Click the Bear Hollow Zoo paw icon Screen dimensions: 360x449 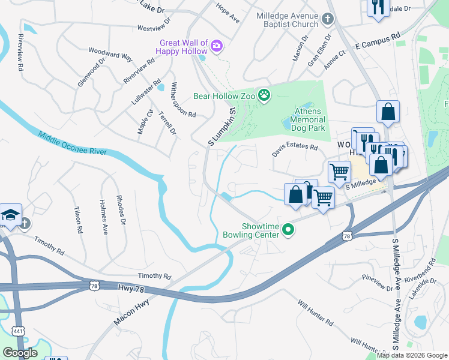coord(264,95)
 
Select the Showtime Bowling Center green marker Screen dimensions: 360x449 coord(288,229)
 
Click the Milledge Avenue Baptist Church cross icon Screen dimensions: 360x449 coord(327,20)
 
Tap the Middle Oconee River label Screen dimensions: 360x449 coord(71,143)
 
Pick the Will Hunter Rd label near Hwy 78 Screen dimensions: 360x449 coord(315,312)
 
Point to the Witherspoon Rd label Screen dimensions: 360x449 coord(183,100)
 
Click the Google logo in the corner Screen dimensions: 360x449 coord(20,353)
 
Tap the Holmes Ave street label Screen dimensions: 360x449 coord(103,217)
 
